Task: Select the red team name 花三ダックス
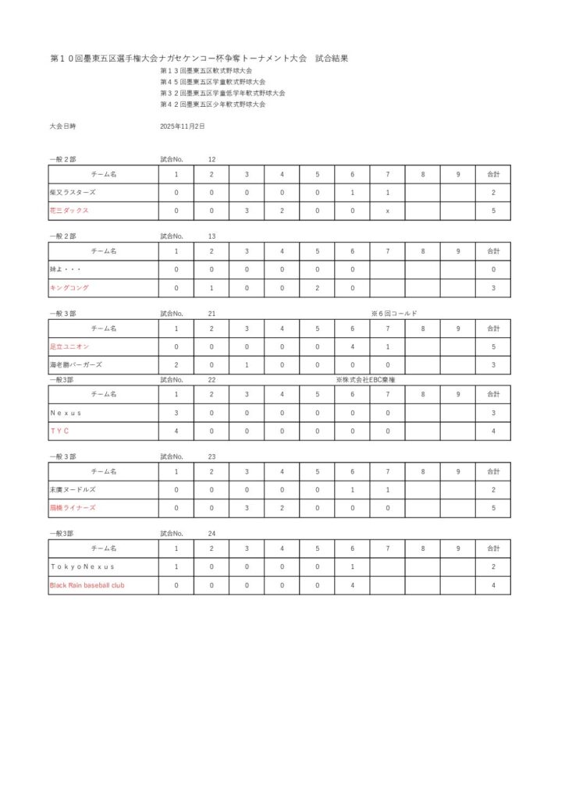pyautogui.click(x=69, y=211)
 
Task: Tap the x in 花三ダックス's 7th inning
pyautogui.click(x=388, y=211)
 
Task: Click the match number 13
pyautogui.click(x=211, y=236)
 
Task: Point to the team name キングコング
pyautogui.click(x=69, y=288)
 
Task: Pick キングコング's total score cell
pyautogui.click(x=493, y=288)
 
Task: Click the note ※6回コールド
pyautogui.click(x=394, y=313)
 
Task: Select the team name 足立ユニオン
pyautogui.click(x=69, y=346)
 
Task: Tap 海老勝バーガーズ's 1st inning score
pyautogui.click(x=176, y=364)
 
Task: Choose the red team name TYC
pyautogui.click(x=59, y=431)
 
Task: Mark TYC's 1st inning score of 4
pyautogui.click(x=176, y=431)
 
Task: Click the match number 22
pyautogui.click(x=211, y=380)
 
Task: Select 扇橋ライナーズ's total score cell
pyautogui.click(x=493, y=508)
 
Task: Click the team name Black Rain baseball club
pyautogui.click(x=87, y=585)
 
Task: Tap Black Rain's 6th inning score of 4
pyautogui.click(x=353, y=585)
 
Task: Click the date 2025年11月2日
pyautogui.click(x=183, y=126)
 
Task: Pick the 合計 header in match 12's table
pyautogui.click(x=493, y=173)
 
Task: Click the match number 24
pyautogui.click(x=211, y=534)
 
